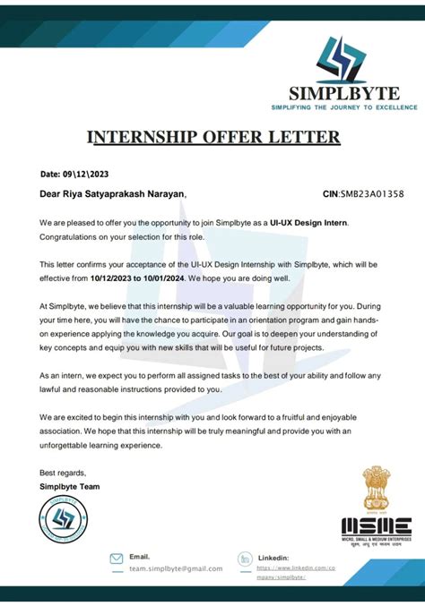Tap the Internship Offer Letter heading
pyautogui.click(x=212, y=137)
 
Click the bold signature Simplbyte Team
pyautogui.click(x=70, y=486)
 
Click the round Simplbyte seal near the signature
pyautogui.click(x=65, y=521)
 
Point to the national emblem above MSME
pyautogui.click(x=376, y=490)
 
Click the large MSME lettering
pyautogui.click(x=377, y=526)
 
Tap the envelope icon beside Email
pyautogui.click(x=116, y=559)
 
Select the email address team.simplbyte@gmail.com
pyautogui.click(x=176, y=568)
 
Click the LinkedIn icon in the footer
pyautogui.click(x=244, y=559)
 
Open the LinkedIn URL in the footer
pyautogui.click(x=296, y=572)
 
